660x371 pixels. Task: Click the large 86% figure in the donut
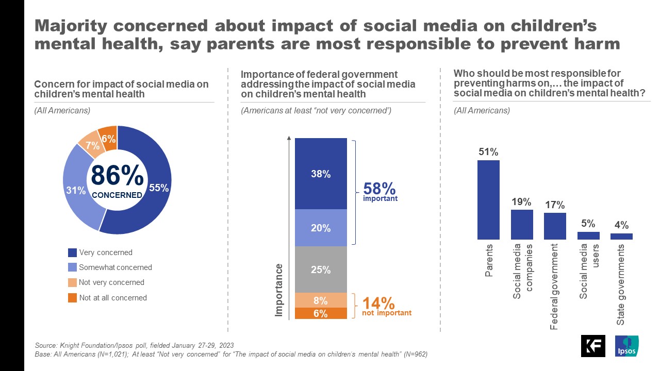[117, 176]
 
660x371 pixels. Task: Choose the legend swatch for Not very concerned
[72, 282]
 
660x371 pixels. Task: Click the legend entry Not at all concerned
[112, 297]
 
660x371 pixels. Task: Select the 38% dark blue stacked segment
[320, 174]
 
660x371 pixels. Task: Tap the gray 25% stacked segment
[320, 269]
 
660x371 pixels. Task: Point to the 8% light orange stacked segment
[320, 300]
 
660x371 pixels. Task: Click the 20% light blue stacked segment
[320, 228]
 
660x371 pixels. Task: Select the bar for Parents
[488, 200]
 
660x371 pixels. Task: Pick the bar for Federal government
[555, 226]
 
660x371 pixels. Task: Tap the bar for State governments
[621, 237]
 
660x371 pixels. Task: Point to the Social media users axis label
[588, 271]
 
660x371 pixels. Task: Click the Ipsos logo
[626, 346]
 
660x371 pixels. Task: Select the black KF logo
[593, 346]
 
